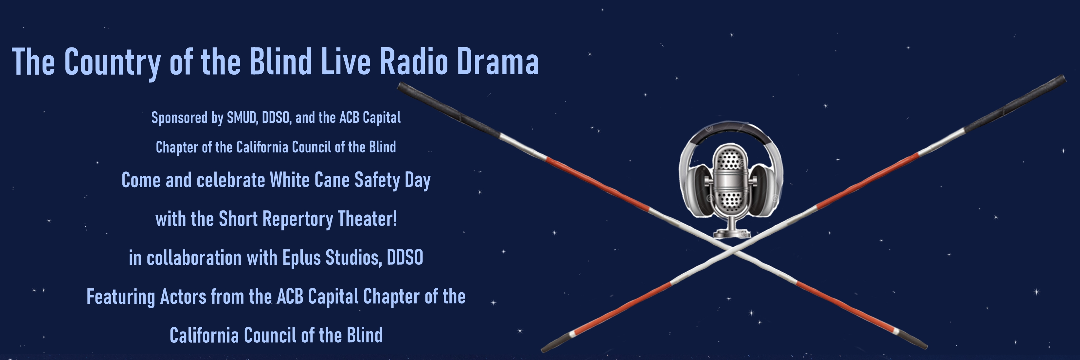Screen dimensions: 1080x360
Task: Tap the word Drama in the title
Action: pos(498,62)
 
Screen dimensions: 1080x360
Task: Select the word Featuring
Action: pos(121,297)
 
